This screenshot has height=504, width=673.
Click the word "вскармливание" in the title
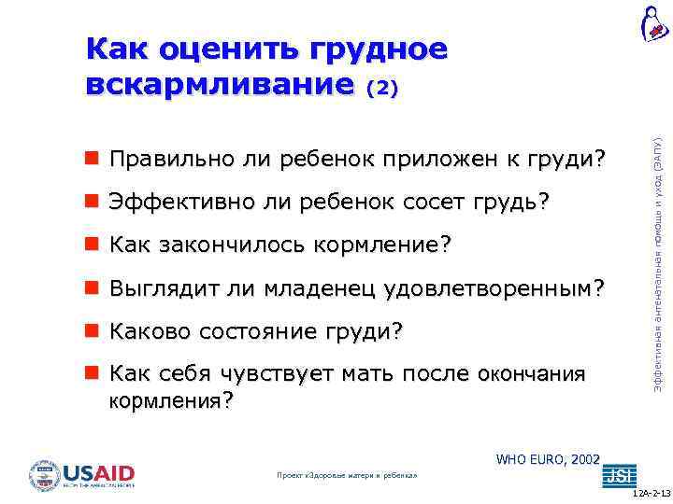[x=221, y=84]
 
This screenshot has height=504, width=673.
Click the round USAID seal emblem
[x=44, y=476]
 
